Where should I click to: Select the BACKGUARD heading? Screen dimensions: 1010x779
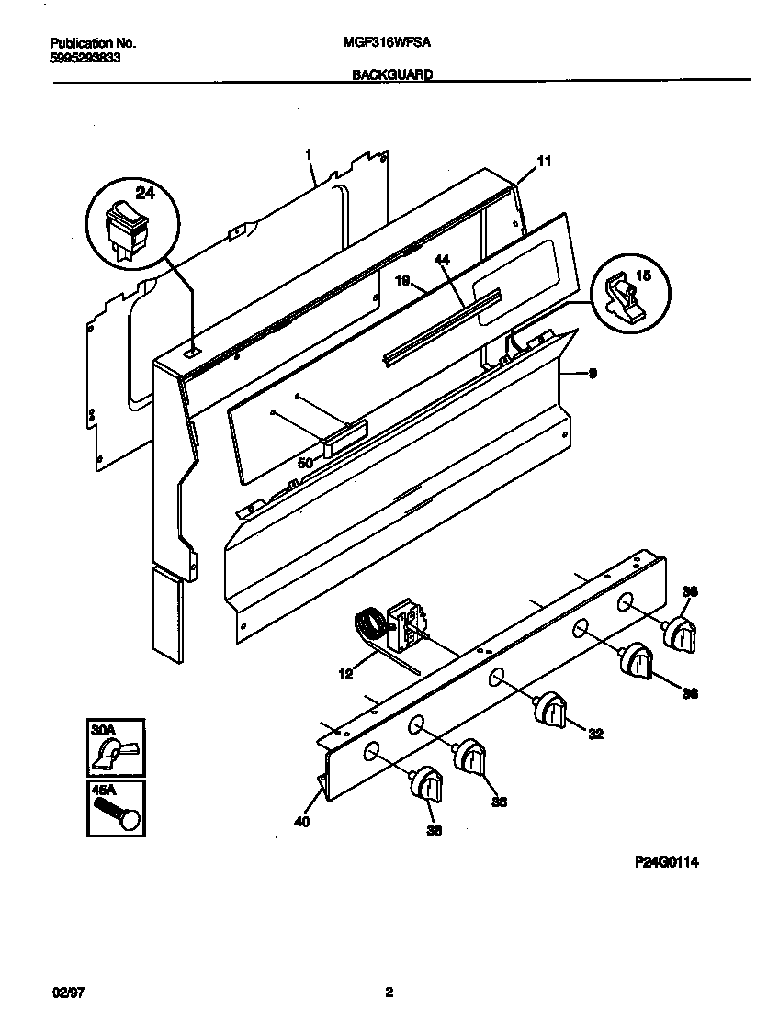392,77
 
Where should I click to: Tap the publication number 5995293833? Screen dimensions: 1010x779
85,57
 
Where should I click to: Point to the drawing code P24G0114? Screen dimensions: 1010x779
673,862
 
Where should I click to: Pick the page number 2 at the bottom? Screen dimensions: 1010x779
389,993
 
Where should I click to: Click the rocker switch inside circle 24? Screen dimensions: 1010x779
125,224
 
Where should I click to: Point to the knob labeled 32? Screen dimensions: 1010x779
552,709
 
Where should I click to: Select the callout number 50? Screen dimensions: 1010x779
304,464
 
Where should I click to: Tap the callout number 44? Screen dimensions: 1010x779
442,261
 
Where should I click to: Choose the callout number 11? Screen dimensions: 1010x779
544,162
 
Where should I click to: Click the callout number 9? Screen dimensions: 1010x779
593,373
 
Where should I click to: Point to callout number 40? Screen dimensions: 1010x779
302,822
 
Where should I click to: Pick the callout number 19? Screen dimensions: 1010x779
401,282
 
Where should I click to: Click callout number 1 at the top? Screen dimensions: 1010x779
309,155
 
